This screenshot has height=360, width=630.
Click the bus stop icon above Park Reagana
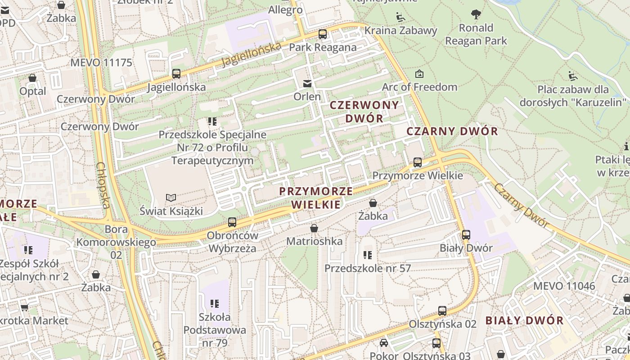[322, 34]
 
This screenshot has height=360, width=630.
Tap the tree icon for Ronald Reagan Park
[476, 15]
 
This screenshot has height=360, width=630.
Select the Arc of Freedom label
[419, 87]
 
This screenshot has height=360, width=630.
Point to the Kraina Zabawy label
[400, 31]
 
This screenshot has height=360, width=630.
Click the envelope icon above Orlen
[307, 83]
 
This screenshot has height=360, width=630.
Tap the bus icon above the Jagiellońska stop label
[176, 74]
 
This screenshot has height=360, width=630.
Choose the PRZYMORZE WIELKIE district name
[316, 198]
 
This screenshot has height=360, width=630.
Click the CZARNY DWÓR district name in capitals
[452, 131]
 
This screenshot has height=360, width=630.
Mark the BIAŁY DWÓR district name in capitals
[524, 321]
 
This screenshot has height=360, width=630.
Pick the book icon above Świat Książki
[171, 198]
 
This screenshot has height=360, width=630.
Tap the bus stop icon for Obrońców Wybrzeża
[232, 222]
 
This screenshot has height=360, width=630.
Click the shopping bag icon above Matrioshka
[314, 229]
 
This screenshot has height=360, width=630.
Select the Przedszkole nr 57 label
[368, 269]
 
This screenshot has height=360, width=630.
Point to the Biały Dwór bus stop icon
[466, 234]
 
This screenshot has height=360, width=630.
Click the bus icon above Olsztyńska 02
[442, 311]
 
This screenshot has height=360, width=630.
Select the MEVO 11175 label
[101, 63]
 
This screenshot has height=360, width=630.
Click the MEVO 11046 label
[564, 286]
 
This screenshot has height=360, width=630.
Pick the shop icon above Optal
[32, 78]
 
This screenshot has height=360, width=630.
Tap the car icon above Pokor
[383, 343]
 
